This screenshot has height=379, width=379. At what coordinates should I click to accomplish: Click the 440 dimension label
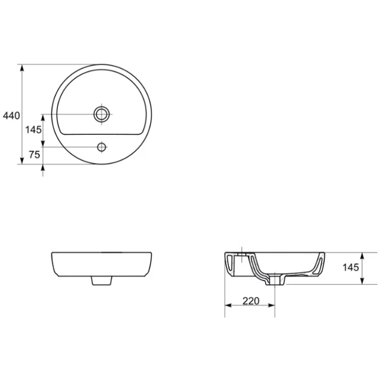(x=11, y=116)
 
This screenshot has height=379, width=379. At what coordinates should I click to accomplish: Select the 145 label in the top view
(x=34, y=130)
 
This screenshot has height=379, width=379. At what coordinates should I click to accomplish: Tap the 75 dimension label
(x=34, y=154)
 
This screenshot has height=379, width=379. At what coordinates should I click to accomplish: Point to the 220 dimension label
(x=251, y=301)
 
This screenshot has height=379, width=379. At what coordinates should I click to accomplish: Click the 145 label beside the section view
(x=350, y=267)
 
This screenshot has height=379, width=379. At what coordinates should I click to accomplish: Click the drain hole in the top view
(x=102, y=114)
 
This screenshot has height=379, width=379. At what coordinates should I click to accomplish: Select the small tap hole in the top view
(x=102, y=147)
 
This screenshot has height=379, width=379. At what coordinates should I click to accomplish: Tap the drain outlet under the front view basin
(x=102, y=281)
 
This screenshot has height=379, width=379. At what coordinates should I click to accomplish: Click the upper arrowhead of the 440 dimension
(x=22, y=68)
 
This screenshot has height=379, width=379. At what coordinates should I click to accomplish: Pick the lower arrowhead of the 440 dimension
(x=22, y=160)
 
